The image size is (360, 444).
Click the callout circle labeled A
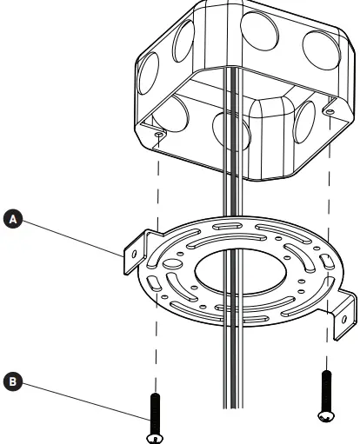(12, 221)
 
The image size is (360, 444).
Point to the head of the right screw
(327, 416)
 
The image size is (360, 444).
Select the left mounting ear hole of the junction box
(158, 136)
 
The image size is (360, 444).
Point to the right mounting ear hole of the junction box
(330, 111)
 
